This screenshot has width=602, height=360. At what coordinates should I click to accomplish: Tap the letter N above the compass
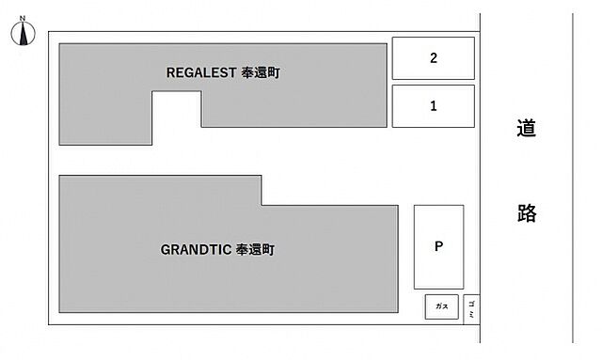(x=24, y=17)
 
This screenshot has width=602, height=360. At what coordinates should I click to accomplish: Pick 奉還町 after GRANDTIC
(x=255, y=250)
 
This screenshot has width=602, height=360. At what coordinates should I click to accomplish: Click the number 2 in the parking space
(x=433, y=58)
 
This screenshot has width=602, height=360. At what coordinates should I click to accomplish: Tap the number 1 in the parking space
(x=433, y=106)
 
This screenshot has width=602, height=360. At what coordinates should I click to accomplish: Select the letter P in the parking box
(x=438, y=247)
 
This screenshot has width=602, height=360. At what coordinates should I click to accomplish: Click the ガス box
(x=441, y=306)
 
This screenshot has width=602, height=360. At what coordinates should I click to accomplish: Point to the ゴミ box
(x=471, y=306)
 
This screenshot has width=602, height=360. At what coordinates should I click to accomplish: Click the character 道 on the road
(x=527, y=128)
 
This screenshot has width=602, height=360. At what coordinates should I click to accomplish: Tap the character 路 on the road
(x=527, y=213)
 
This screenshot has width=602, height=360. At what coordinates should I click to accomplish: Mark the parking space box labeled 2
(x=433, y=58)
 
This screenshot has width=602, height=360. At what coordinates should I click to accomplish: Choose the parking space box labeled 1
(x=433, y=106)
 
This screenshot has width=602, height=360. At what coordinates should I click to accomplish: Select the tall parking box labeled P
(x=438, y=247)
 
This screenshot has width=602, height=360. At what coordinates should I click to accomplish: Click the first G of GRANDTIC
(x=165, y=250)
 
